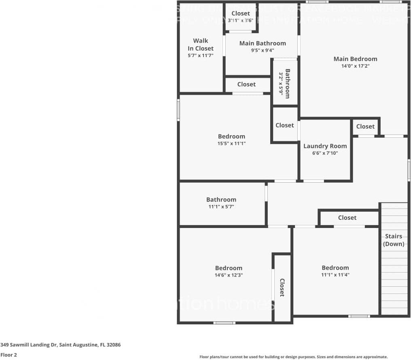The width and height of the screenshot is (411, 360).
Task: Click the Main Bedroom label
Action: pyautogui.click(x=355, y=59)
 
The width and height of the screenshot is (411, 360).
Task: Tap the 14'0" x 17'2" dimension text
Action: pyautogui.click(x=355, y=66)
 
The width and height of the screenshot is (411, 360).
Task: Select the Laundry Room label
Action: pyautogui.click(x=325, y=146)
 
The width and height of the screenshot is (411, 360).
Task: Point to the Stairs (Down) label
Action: pyautogui.click(x=394, y=240)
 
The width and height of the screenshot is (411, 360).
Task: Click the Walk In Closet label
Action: pyautogui.click(x=200, y=45)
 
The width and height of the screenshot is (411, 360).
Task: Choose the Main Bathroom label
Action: pyautogui.click(x=263, y=43)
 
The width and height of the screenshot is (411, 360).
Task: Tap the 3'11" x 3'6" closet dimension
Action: pyautogui.click(x=241, y=20)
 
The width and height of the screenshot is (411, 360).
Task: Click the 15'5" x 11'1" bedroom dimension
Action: pyautogui.click(x=231, y=143)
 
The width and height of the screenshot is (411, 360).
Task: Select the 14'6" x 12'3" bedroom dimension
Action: pyautogui.click(x=229, y=275)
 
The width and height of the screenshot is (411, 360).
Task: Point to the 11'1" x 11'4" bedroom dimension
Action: pyautogui.click(x=335, y=275)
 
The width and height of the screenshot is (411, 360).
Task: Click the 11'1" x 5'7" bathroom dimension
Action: pyautogui.click(x=221, y=207)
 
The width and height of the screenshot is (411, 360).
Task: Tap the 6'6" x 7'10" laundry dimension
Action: pyautogui.click(x=325, y=153)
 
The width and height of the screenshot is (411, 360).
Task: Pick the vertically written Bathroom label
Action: pyautogui.click(x=287, y=83)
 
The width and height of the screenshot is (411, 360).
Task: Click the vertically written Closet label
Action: pyautogui.click(x=282, y=288)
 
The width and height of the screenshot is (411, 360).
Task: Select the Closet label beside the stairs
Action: pyautogui.click(x=347, y=218)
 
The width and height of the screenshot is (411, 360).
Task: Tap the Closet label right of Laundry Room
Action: pyautogui.click(x=365, y=127)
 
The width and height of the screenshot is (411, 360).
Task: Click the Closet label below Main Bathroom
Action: pyautogui.click(x=246, y=85)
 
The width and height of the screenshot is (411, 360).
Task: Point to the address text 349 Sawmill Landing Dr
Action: pyautogui.click(x=61, y=345)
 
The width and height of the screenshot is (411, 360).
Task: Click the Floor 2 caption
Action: pyautogui.click(x=8, y=355)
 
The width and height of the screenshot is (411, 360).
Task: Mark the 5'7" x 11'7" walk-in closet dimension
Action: pyautogui.click(x=200, y=55)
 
